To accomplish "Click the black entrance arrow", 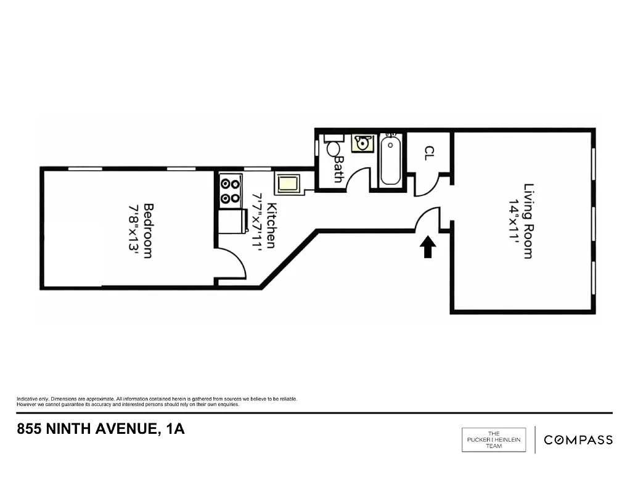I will coord(428,248).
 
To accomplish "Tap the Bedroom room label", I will coord(148,230).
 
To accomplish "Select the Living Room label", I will coord(528,221).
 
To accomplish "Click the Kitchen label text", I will coord(272,225).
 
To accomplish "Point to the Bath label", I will coord(338,169).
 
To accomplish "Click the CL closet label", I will coord(428,153).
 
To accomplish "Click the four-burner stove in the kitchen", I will coord(231,190).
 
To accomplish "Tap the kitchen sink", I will coord(288,184).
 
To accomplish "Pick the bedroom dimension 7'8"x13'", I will coord(133,230).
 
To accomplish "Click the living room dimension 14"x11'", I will coord(512,221).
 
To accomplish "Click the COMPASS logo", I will coord(578,439).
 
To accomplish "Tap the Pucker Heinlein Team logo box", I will coord(494,439).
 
